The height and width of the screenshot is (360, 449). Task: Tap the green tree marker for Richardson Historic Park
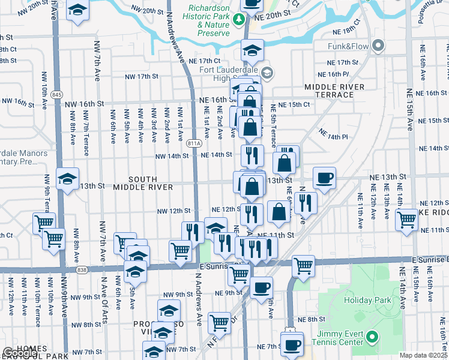tap(240, 19)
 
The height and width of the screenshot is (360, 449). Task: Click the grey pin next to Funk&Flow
tap(378, 46)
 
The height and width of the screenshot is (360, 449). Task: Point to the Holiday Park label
tap(367, 300)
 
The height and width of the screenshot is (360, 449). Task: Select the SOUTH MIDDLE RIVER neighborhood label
tap(143, 183)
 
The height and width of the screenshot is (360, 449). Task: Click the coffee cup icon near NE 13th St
tap(324, 178)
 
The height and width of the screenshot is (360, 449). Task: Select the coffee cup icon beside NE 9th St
tap(261, 287)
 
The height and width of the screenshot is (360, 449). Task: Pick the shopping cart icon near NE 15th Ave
tap(407, 220)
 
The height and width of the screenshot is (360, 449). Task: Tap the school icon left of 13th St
tap(67, 178)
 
